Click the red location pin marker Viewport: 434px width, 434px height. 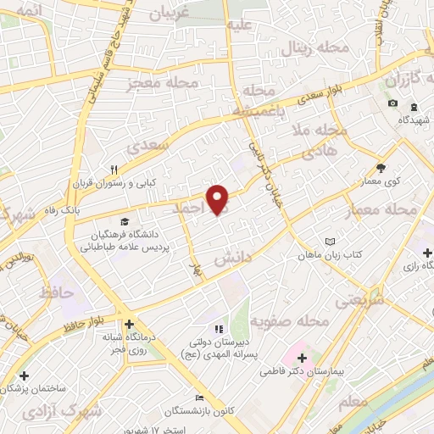[x=219, y=200]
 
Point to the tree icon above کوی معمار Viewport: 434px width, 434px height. [x=381, y=167]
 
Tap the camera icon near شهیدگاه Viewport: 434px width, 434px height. [x=392, y=103]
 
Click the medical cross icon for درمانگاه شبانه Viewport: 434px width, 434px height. [x=128, y=323]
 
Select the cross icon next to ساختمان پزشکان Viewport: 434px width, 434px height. [x=24, y=375]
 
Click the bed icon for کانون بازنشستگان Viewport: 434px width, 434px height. [x=199, y=398]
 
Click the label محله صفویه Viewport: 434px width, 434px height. [x=296, y=322]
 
